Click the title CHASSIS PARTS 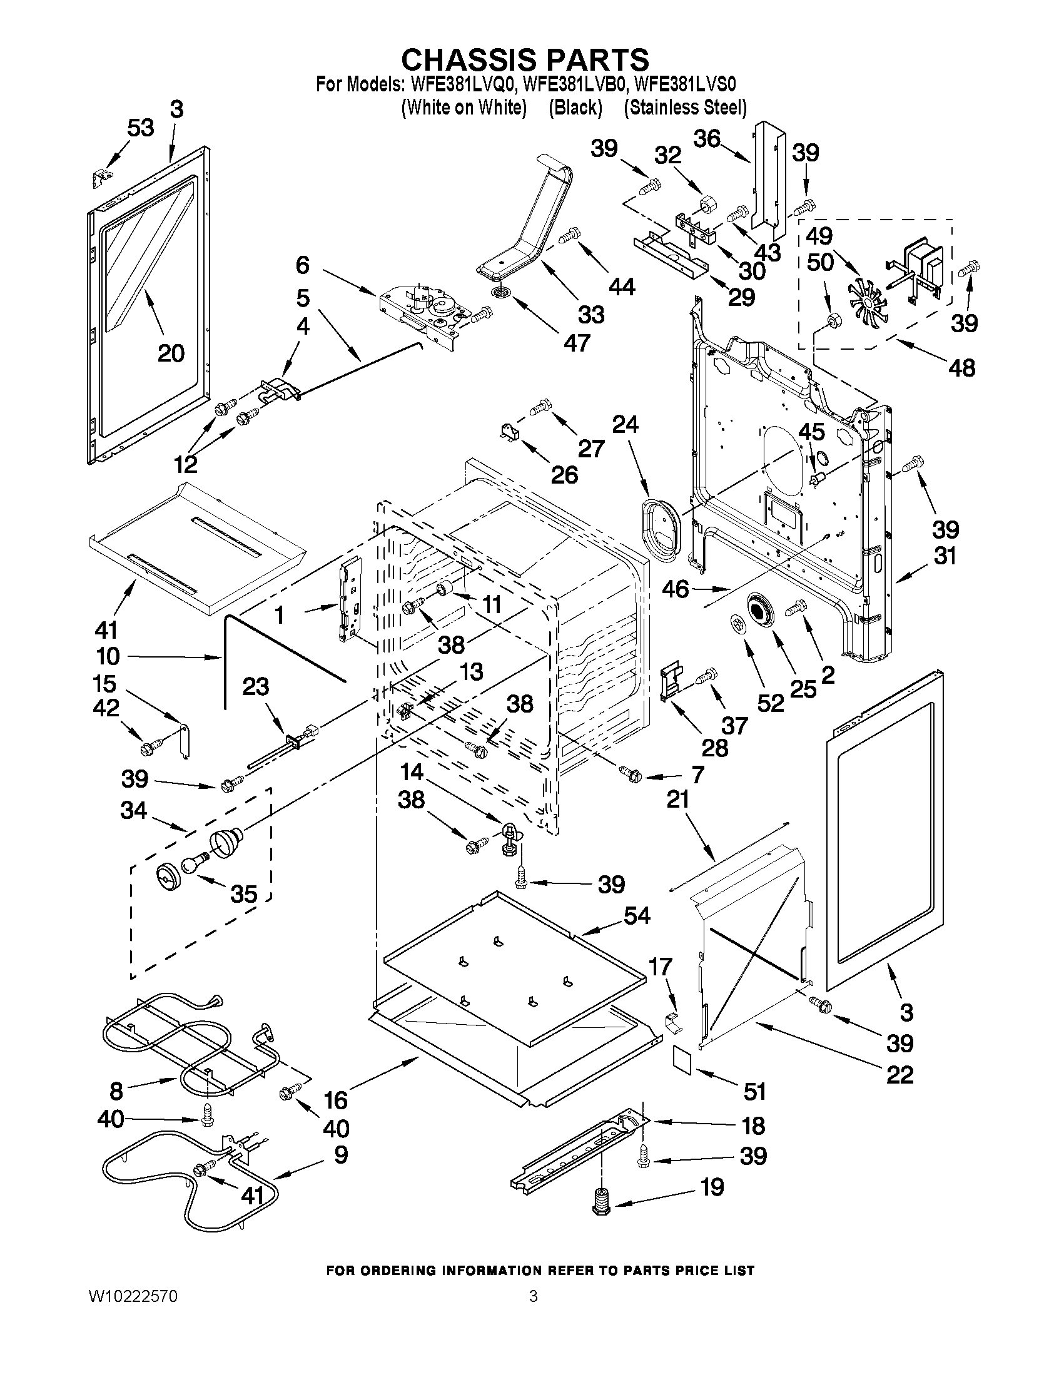tap(524, 59)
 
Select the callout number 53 tap(140, 128)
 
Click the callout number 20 tap(170, 353)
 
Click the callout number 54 tap(636, 915)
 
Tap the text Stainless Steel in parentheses tap(684, 108)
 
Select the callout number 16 tap(335, 1100)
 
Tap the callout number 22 tap(899, 1074)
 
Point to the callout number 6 tap(303, 265)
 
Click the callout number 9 tap(340, 1154)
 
